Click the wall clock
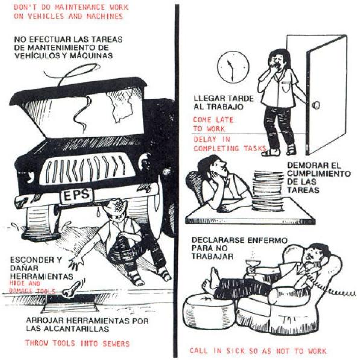coord(233,67)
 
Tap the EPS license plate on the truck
coord(77,195)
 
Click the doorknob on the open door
coord(316,106)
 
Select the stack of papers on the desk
coord(268,191)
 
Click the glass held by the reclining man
coord(253,266)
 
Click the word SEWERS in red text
coord(116,343)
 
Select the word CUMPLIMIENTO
coord(319,173)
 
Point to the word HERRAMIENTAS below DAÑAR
coord(42,276)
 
